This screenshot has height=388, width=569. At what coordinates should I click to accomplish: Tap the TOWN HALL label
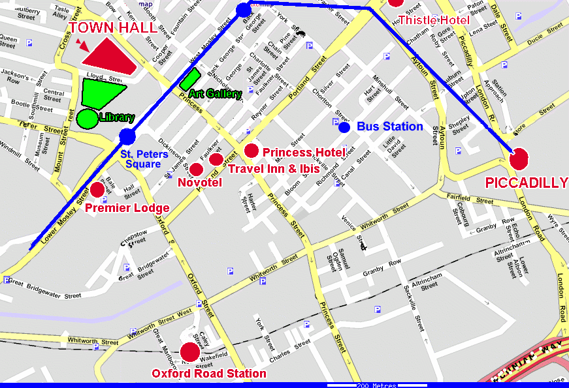tap(113, 28)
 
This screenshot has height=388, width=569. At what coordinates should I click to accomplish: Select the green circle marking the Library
tap(87, 119)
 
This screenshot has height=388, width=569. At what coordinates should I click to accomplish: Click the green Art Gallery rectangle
tap(189, 79)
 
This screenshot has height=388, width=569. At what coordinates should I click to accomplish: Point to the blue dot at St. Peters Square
tap(127, 136)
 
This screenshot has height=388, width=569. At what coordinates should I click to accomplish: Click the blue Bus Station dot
tap(344, 127)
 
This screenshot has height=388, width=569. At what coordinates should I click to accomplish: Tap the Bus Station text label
tap(391, 127)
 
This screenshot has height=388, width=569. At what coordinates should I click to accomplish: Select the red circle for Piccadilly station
tap(519, 158)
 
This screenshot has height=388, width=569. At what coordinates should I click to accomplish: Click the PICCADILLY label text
tap(526, 183)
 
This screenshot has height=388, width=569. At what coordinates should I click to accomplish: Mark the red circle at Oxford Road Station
tap(190, 352)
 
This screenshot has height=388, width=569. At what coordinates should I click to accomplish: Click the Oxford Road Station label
tap(209, 374)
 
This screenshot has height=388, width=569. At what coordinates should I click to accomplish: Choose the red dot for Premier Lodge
tap(97, 190)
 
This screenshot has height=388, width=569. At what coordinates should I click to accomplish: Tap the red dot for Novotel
tap(196, 170)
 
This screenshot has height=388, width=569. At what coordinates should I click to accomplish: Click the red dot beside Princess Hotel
tap(252, 151)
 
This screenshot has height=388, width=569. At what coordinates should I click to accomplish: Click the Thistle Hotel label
tap(434, 20)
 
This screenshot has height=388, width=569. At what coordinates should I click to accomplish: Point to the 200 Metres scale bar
tap(376, 385)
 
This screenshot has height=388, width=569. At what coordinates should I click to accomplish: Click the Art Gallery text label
tap(215, 94)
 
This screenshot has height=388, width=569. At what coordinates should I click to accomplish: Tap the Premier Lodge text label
tap(127, 209)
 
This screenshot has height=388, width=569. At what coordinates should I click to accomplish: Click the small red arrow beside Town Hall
tap(81, 44)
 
